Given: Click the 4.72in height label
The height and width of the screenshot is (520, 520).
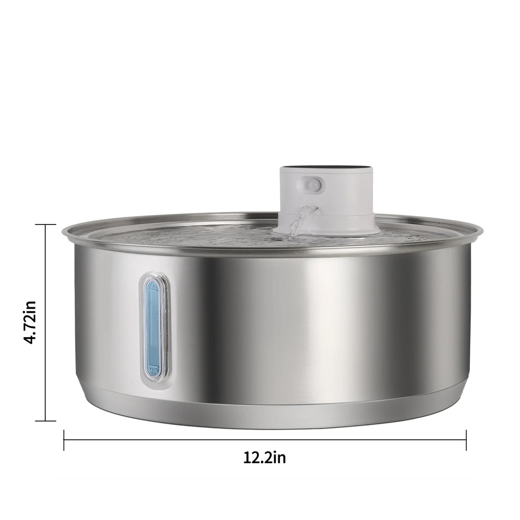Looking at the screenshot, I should point(31,322).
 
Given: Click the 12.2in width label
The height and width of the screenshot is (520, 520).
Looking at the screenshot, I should point(265,458).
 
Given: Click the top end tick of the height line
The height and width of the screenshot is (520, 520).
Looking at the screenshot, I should point(46,224).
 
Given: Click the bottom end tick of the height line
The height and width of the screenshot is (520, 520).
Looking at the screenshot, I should point(46,421).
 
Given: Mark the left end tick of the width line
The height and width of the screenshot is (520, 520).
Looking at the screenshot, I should point(64,440).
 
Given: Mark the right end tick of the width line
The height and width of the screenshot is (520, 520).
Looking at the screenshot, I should point(466,440).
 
